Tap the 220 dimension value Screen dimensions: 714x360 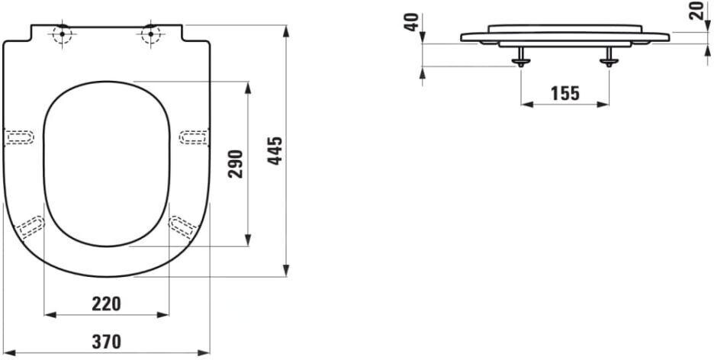(106, 304)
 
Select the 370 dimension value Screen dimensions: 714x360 (106, 342)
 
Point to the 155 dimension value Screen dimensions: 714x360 (564, 94)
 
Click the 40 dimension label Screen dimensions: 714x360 (412, 22)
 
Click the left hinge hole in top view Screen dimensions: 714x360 (60, 34)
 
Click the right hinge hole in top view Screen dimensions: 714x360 (150, 34)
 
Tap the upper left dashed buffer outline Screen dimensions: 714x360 (20, 137)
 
